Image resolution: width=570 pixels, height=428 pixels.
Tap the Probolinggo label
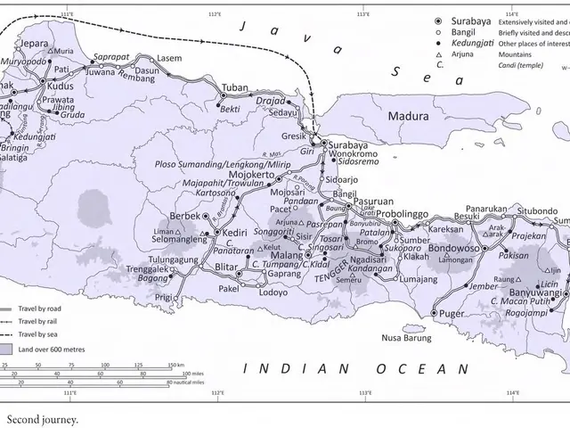coord(402,215)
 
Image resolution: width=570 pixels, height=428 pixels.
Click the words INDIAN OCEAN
coord(356,367)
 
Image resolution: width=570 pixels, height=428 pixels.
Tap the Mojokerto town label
coord(256,177)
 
